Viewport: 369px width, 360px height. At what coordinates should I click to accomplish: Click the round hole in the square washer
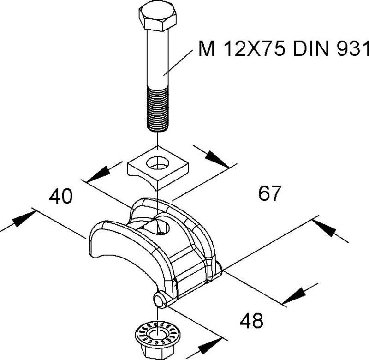coord(158,163)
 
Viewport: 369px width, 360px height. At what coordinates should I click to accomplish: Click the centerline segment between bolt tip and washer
coord(158,138)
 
